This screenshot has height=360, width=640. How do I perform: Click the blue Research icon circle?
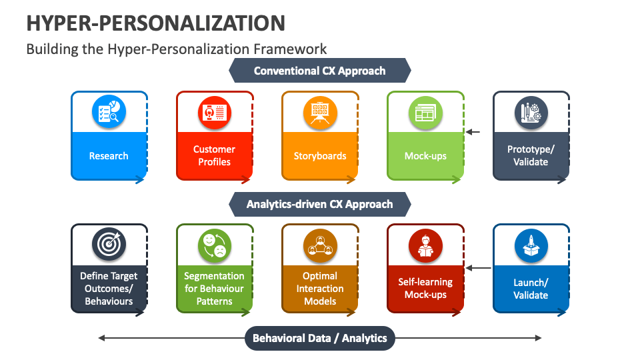coord(109,111)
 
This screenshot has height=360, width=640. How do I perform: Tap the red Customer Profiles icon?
coord(214,113)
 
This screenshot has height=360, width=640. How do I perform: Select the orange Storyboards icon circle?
coord(320,113)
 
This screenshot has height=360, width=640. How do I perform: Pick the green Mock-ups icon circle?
coord(425,113)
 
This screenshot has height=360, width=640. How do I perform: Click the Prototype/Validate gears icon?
coord(531,113)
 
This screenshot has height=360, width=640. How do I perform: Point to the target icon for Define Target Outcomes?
coord(109,245)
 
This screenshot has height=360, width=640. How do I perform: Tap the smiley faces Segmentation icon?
coord(214,246)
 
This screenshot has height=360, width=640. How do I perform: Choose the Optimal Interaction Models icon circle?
coord(320,246)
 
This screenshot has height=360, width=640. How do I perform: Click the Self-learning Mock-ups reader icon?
coord(425,246)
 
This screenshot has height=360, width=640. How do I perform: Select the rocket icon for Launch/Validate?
coord(531,246)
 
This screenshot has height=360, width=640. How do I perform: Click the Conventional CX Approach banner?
coord(319,71)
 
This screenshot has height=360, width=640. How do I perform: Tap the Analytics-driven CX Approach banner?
coord(319,204)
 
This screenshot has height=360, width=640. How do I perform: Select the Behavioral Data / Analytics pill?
coord(319,338)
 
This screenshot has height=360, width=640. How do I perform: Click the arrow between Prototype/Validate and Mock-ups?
coord(473,132)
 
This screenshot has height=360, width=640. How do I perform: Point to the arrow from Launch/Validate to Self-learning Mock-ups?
coord(479,268)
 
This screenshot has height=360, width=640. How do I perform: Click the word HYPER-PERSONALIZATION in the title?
coord(155,23)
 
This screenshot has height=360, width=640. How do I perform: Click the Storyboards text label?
coord(320,156)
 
